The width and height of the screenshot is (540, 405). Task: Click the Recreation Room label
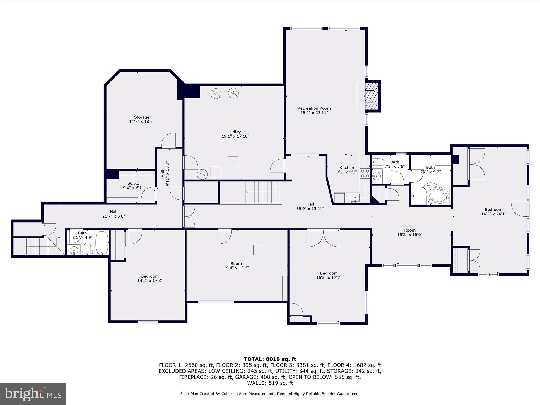pos(314,110)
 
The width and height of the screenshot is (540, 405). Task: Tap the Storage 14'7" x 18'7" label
pos(142,119)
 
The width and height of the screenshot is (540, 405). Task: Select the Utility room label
pos(235,134)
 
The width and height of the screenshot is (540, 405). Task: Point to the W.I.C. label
pos(133,185)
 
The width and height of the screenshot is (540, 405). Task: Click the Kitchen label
pos(346,170)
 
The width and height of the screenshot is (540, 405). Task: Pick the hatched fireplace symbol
pos(372,96)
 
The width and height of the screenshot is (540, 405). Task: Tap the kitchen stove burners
pos(365,173)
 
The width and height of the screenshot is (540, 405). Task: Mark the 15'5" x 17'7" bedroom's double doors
pos(323,238)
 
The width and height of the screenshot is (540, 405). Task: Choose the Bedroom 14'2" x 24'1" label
pos(493,212)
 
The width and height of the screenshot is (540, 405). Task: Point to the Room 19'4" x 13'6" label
pos(236,266)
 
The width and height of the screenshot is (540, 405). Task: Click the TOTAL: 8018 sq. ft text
pos(270,359)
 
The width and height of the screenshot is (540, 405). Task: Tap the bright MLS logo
pos(33,394)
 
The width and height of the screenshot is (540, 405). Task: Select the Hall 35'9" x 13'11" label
pos(310,206)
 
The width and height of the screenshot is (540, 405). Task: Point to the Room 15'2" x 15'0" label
pos(409,232)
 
